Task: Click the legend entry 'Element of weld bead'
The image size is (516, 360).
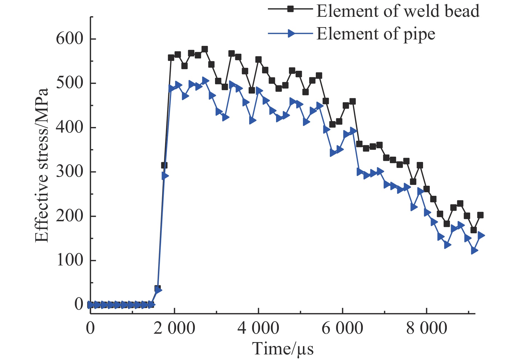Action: pos(398,11)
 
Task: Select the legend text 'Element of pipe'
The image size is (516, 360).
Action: pos(376,34)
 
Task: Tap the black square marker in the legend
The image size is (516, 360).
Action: pos(291,9)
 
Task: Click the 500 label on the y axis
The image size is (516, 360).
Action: pos(70,83)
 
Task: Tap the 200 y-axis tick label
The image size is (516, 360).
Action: pos(70,216)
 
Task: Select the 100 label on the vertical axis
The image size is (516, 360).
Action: pos(70,260)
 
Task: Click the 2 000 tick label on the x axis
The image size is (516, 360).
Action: pos(174,328)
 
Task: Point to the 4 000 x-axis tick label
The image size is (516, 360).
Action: pos(258,328)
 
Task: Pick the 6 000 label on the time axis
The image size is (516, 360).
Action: pos(342,328)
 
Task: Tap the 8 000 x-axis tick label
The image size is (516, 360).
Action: pos(426,328)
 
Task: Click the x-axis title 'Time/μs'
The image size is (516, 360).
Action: pos(283,349)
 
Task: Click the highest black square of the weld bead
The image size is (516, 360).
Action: pos(205,49)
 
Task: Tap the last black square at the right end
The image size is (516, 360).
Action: pos(480,215)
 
